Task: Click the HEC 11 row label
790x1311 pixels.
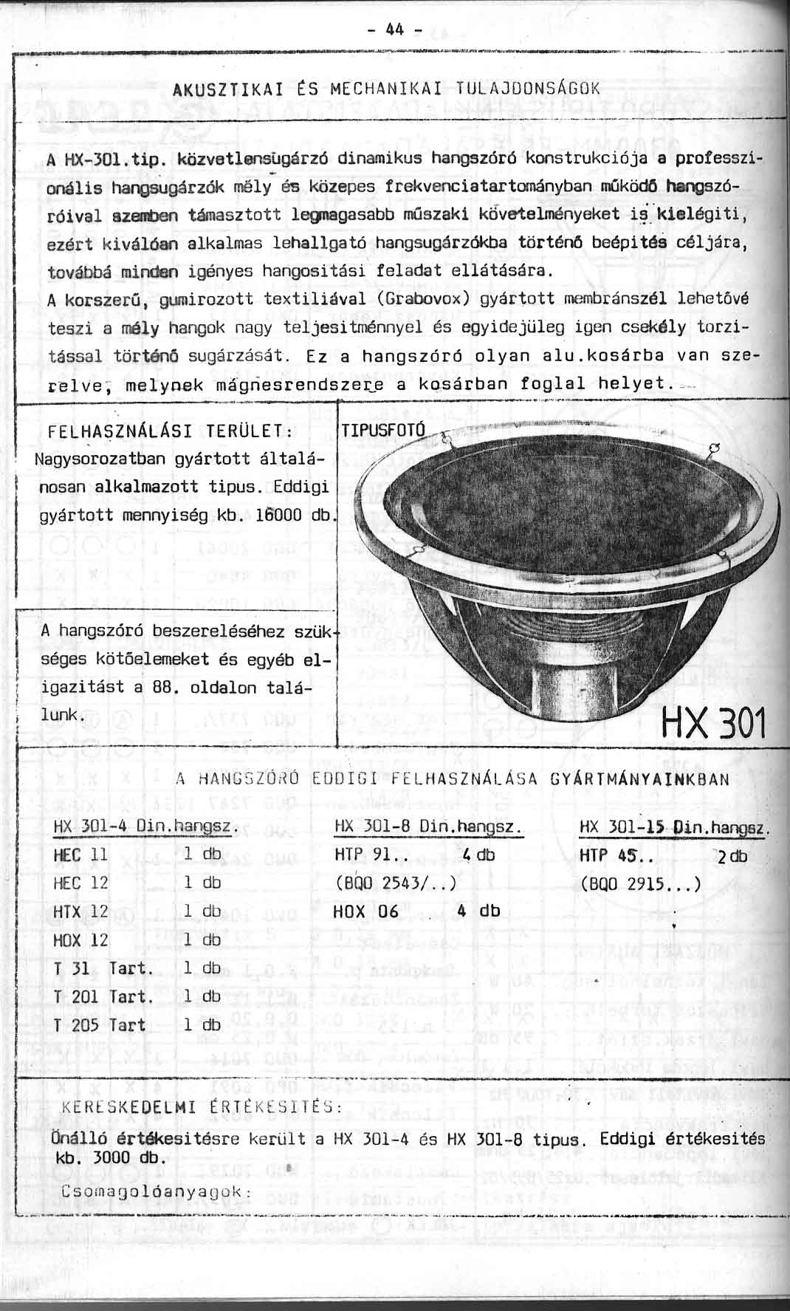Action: pyautogui.click(x=81, y=854)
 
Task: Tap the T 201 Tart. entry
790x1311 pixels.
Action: pyautogui.click(x=103, y=996)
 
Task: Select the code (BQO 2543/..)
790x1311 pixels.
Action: pyautogui.click(x=395, y=883)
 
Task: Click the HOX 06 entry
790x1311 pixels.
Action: pyautogui.click(x=365, y=911)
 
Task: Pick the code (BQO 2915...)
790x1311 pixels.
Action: pyautogui.click(x=640, y=883)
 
